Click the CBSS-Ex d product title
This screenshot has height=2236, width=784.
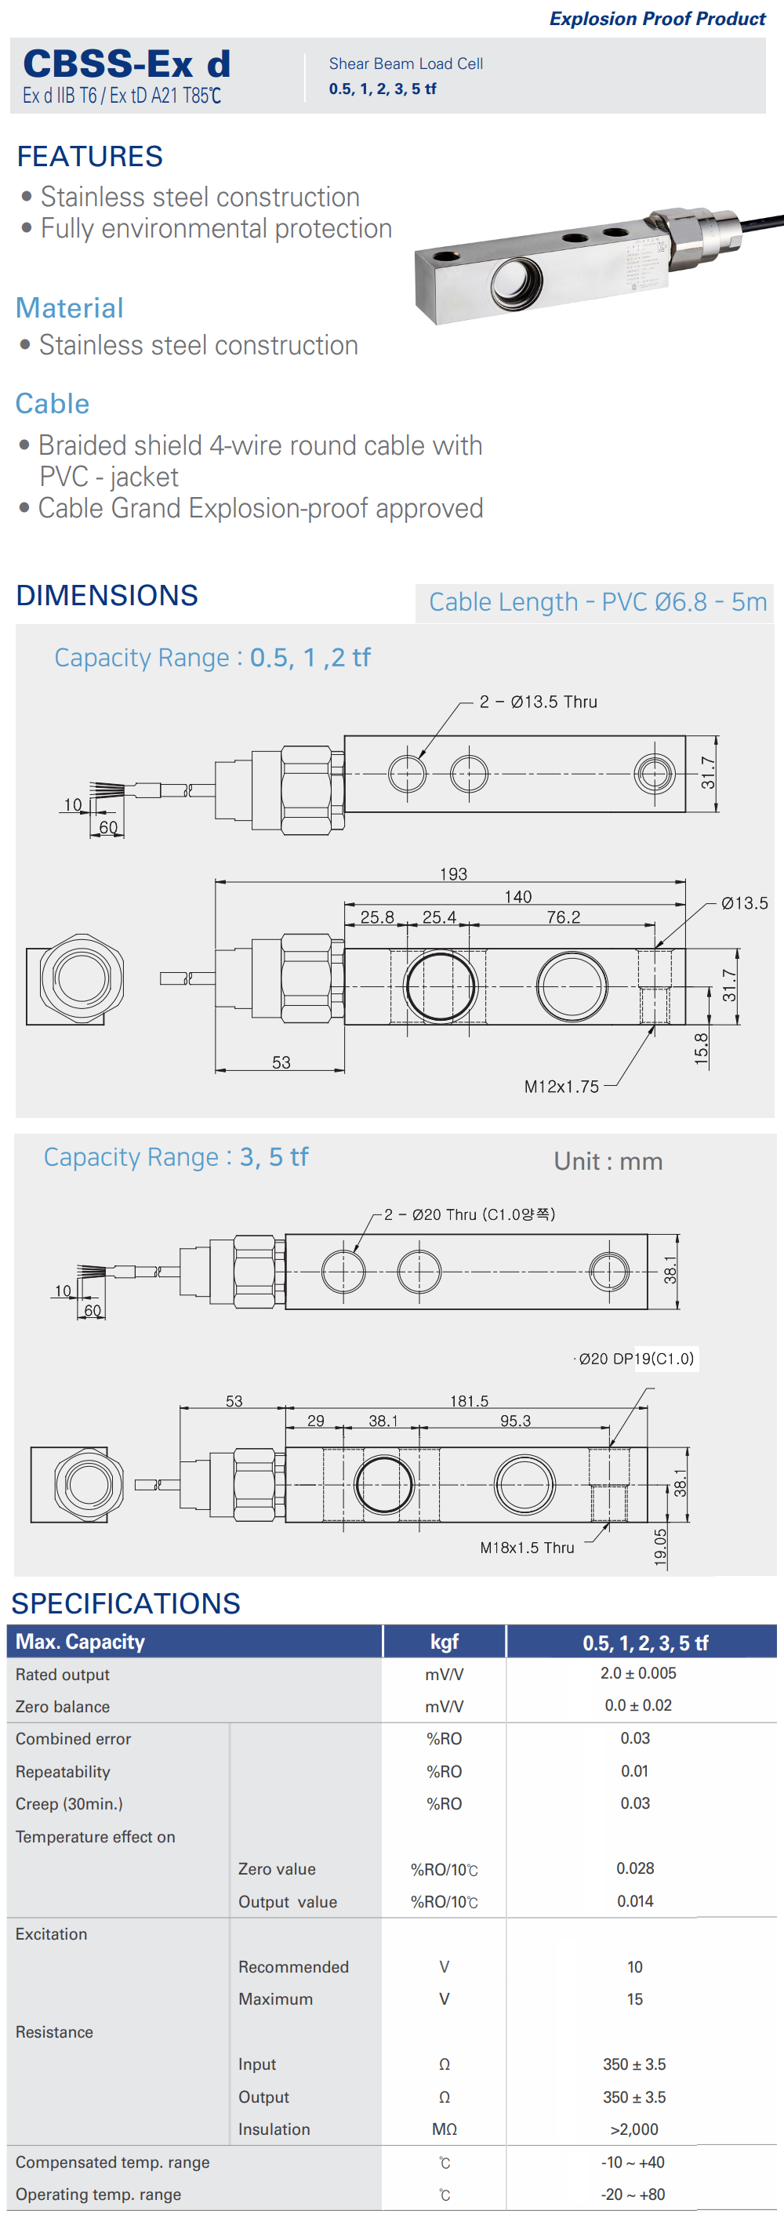click(x=127, y=65)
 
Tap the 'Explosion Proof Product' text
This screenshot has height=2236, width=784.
click(x=656, y=18)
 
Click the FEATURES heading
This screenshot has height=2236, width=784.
click(x=89, y=156)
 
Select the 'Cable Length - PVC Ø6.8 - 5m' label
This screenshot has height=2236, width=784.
click(x=597, y=601)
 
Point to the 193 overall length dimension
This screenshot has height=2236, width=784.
click(x=453, y=873)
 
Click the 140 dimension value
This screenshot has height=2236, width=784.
click(x=517, y=896)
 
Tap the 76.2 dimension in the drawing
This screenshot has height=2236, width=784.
click(x=564, y=917)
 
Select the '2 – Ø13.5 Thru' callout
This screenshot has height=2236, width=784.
click(x=539, y=702)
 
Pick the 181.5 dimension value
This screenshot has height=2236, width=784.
click(x=469, y=1400)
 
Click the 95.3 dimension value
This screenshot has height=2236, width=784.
click(x=515, y=1420)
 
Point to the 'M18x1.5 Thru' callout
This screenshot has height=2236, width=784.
click(x=527, y=1547)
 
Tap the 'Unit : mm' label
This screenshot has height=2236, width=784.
click(x=608, y=1161)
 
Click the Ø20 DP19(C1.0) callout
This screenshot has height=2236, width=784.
click(x=637, y=1359)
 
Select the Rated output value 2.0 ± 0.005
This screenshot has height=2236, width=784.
click(x=637, y=1672)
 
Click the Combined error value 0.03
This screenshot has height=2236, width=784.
click(x=635, y=1737)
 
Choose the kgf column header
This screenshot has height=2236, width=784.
click(x=444, y=1642)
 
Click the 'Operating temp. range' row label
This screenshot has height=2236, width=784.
click(x=98, y=2194)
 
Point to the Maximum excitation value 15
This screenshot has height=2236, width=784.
click(x=635, y=1998)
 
